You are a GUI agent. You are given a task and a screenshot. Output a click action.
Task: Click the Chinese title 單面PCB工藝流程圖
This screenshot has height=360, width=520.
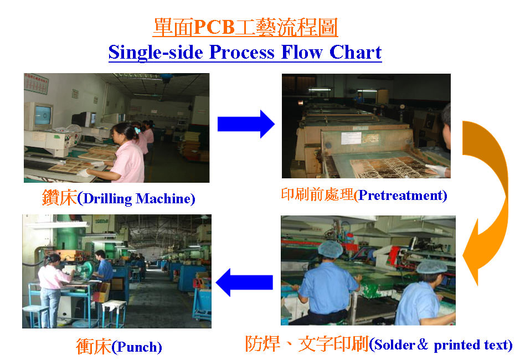[245, 27]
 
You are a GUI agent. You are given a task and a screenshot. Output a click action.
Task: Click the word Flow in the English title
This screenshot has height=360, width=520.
[301, 53]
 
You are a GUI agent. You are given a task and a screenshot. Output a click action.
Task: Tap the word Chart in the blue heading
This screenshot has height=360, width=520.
[355, 53]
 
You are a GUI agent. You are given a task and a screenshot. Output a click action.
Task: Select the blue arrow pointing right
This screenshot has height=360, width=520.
[246, 124]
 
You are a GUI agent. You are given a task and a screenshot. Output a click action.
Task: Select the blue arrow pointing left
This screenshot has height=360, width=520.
[244, 282]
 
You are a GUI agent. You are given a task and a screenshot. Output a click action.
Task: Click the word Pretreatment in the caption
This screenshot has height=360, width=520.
[400, 196]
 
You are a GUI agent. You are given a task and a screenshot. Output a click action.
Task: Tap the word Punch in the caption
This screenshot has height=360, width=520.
[137, 347]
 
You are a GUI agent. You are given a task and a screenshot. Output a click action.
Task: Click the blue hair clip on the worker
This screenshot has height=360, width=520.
[137, 130]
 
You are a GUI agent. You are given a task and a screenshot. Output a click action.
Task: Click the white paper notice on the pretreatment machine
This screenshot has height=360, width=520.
[351, 138]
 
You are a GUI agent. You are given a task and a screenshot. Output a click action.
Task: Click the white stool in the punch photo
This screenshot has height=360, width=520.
[114, 312]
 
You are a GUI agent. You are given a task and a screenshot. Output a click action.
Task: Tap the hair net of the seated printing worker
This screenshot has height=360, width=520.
[331, 249]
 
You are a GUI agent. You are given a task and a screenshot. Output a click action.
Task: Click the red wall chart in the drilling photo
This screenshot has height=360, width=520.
[36, 84]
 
